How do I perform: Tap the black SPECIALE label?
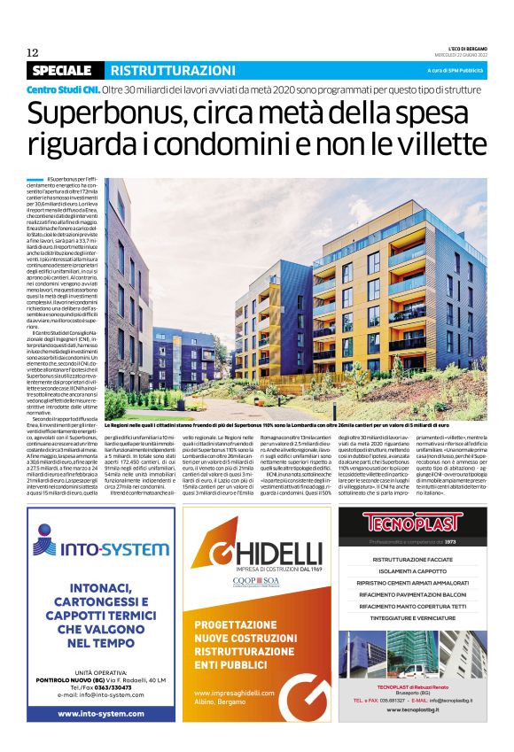coord(61,70)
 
